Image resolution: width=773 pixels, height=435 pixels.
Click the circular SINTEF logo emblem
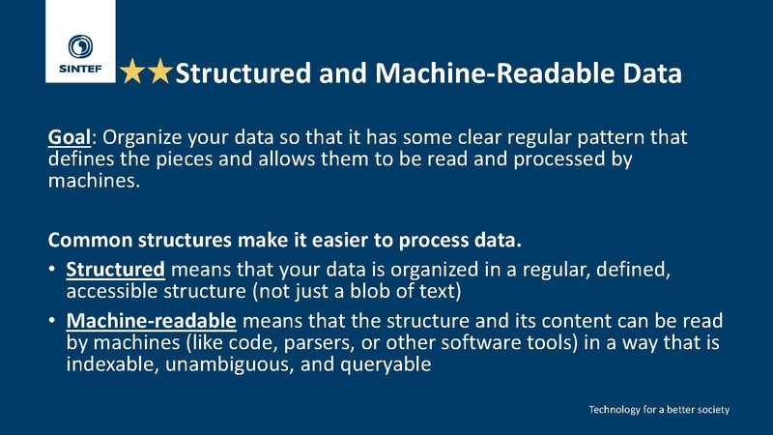[80, 46]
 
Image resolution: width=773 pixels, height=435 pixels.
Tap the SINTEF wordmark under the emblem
[80, 69]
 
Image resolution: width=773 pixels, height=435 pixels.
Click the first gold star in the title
[132, 71]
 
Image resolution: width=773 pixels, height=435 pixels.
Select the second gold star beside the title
[159, 71]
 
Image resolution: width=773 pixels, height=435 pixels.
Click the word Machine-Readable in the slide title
[495, 73]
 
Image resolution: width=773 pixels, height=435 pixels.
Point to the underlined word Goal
[70, 137]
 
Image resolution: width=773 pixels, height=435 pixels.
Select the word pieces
[184, 159]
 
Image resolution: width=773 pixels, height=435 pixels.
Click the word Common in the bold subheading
[90, 240]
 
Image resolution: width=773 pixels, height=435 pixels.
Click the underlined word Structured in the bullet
[115, 270]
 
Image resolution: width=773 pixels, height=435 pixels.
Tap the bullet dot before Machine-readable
[52, 321]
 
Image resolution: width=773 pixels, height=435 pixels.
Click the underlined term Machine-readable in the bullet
[152, 321]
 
